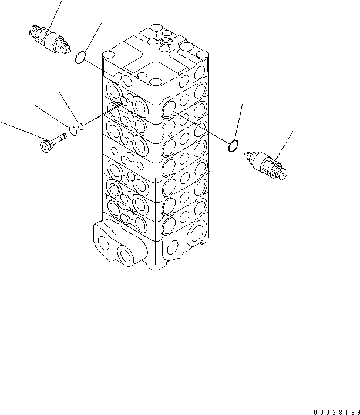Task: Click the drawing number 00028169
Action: click(337, 412)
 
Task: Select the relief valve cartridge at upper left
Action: click(51, 40)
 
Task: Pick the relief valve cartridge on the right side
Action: click(266, 165)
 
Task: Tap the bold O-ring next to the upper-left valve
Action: click(76, 58)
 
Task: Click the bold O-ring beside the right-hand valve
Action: click(229, 146)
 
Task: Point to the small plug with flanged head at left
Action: click(53, 143)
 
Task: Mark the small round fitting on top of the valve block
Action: click(166, 41)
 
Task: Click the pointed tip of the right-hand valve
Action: click(246, 153)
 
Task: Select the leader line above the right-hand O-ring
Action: click(238, 121)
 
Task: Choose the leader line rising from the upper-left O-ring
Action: click(93, 37)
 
